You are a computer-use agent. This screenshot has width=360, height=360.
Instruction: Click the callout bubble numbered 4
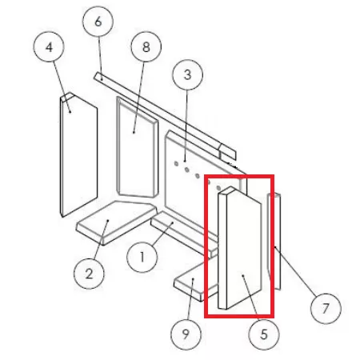click(49, 47)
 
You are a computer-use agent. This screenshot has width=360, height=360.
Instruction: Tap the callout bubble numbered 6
click(98, 22)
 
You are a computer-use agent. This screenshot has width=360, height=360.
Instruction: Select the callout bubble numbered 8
click(146, 47)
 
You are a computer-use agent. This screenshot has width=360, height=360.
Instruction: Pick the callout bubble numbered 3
click(188, 74)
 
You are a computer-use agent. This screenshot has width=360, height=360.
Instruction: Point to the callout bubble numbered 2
click(89, 274)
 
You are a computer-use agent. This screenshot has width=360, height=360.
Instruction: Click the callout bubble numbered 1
click(142, 257)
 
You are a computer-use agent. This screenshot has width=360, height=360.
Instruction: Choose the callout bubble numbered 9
click(186, 334)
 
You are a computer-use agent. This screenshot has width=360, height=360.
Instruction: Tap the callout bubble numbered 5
click(264, 334)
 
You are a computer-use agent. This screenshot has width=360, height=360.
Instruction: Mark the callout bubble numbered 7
click(326, 309)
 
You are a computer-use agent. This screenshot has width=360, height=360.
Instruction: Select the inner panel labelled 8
click(138, 147)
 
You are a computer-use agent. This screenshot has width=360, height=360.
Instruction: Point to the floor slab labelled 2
click(116, 222)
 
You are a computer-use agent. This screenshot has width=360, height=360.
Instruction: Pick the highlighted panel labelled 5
click(239, 248)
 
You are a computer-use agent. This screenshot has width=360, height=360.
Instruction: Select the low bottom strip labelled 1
click(184, 234)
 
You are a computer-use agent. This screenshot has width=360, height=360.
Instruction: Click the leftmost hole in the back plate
click(176, 164)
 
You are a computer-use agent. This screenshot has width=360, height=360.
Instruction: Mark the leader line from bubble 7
click(295, 271)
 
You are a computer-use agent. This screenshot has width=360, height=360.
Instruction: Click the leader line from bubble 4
click(62, 87)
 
